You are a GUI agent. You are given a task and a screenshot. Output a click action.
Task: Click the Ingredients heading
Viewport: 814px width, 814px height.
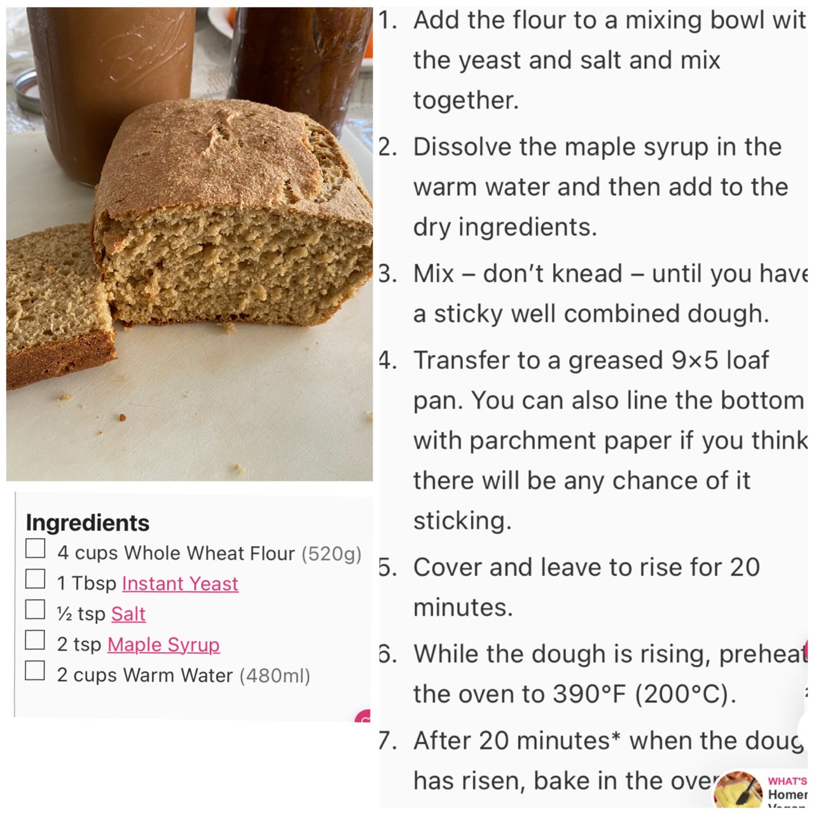(87, 523)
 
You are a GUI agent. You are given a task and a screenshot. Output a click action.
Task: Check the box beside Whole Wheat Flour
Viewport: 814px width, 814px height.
(36, 549)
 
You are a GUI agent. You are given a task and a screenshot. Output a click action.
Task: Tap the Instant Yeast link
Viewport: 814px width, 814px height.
(180, 583)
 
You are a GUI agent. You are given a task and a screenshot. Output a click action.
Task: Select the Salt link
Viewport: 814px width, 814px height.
(128, 614)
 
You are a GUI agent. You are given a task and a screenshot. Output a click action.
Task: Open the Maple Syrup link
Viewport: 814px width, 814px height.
(163, 644)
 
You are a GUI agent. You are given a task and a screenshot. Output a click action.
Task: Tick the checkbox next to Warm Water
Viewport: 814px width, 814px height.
(36, 671)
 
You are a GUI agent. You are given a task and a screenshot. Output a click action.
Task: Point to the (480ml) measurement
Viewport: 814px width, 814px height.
(275, 675)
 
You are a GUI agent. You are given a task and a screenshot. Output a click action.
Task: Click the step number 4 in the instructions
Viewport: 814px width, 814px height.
(387, 361)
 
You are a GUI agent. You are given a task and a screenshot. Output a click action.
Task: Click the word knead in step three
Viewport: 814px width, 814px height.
(587, 273)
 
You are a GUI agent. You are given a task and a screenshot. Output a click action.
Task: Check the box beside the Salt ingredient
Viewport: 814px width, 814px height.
(36, 610)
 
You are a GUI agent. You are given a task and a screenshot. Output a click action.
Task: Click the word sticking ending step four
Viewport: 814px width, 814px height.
(462, 521)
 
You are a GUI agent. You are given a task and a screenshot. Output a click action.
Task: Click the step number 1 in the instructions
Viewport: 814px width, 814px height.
(387, 20)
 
